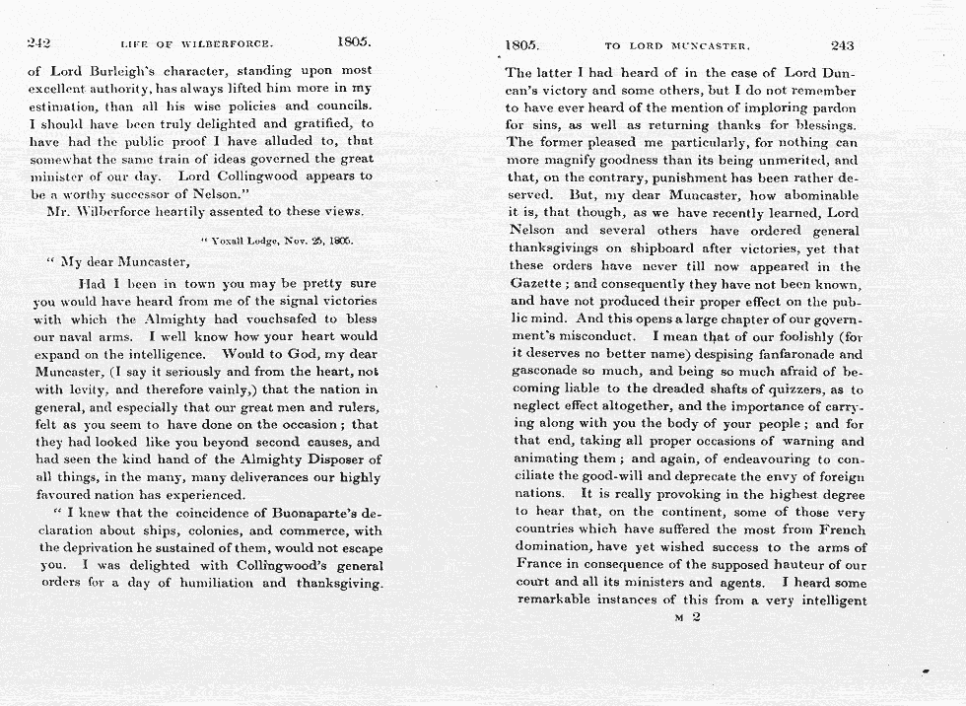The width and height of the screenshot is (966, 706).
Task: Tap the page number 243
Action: pos(843,44)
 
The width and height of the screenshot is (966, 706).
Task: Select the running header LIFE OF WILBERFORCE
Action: pos(196,44)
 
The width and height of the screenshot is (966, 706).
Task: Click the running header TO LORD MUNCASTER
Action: pos(678,45)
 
